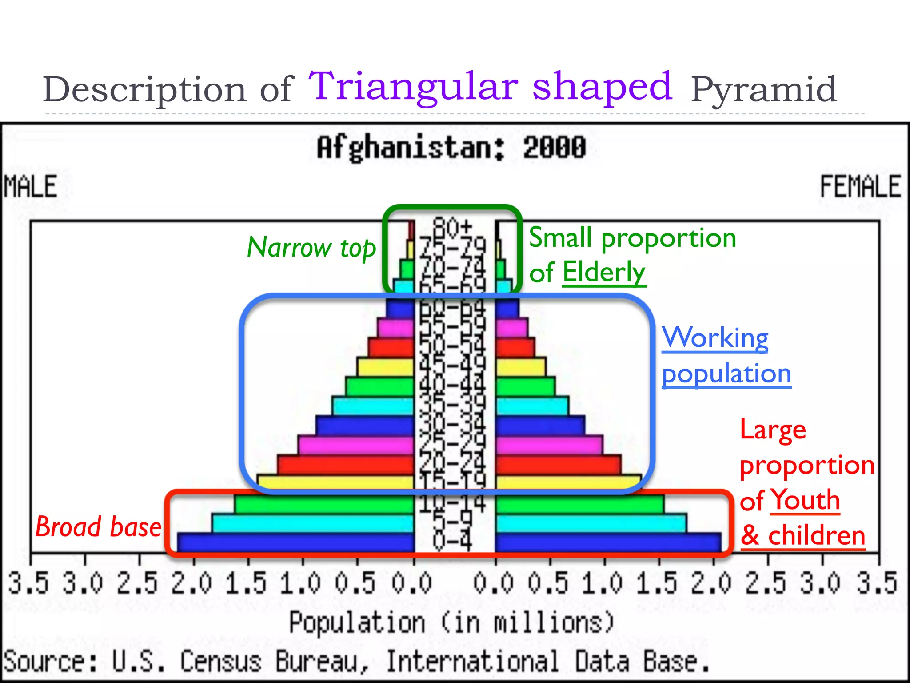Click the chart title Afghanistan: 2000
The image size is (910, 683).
pos(451,148)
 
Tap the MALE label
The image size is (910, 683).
pos(30,186)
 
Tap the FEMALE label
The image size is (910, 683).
pos(860,186)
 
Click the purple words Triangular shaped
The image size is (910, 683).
pos(491,86)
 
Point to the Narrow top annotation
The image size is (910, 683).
pos(311,248)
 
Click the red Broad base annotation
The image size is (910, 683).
pos(98,527)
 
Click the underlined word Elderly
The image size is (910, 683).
pos(603,272)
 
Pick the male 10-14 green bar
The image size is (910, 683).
pos(324,504)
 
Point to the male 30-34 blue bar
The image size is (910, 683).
pos(364,426)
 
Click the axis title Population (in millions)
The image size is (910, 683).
pos(451,622)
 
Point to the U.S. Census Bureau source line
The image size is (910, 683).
pos(355,662)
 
